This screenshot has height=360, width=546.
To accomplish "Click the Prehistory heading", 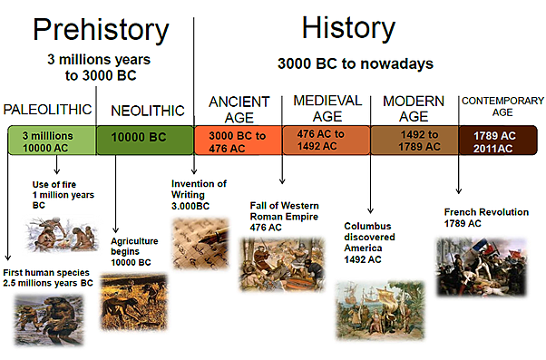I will pos(100,30).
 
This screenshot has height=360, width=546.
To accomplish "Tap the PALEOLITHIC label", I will pos(48,110).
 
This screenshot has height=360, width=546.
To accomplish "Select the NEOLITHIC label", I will pos(147,111).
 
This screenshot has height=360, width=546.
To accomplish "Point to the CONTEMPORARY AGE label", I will pos(502,107).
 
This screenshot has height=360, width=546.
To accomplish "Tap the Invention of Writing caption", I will pos(200,194).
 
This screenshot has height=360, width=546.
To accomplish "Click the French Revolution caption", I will pos(486,218).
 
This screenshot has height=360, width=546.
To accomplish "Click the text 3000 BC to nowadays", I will pos(355,64).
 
